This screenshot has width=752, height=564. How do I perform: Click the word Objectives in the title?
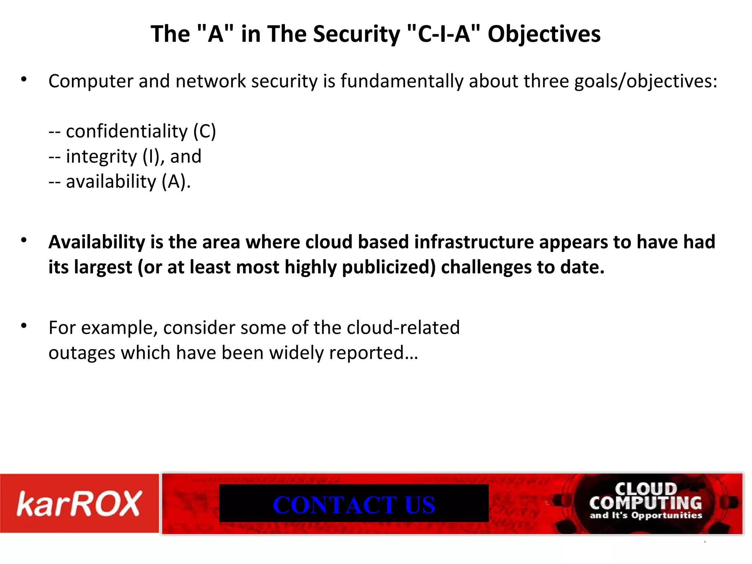click(544, 34)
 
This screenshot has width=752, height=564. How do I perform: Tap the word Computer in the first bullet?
click(91, 81)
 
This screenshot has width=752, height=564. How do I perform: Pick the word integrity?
click(101, 156)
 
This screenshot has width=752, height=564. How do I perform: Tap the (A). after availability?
click(176, 181)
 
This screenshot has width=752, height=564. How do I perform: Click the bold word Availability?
click(97, 242)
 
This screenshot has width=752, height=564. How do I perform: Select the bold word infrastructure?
click(474, 242)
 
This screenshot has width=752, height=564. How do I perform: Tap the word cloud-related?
click(403, 328)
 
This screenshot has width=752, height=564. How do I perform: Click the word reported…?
click(373, 353)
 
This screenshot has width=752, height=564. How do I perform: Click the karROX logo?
click(79, 503)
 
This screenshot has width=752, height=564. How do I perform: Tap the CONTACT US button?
click(354, 504)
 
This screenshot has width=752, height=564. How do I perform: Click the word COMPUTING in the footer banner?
click(646, 503)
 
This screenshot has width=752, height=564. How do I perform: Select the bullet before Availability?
click(24, 241)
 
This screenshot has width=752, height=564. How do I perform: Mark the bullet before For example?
click(24, 326)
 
